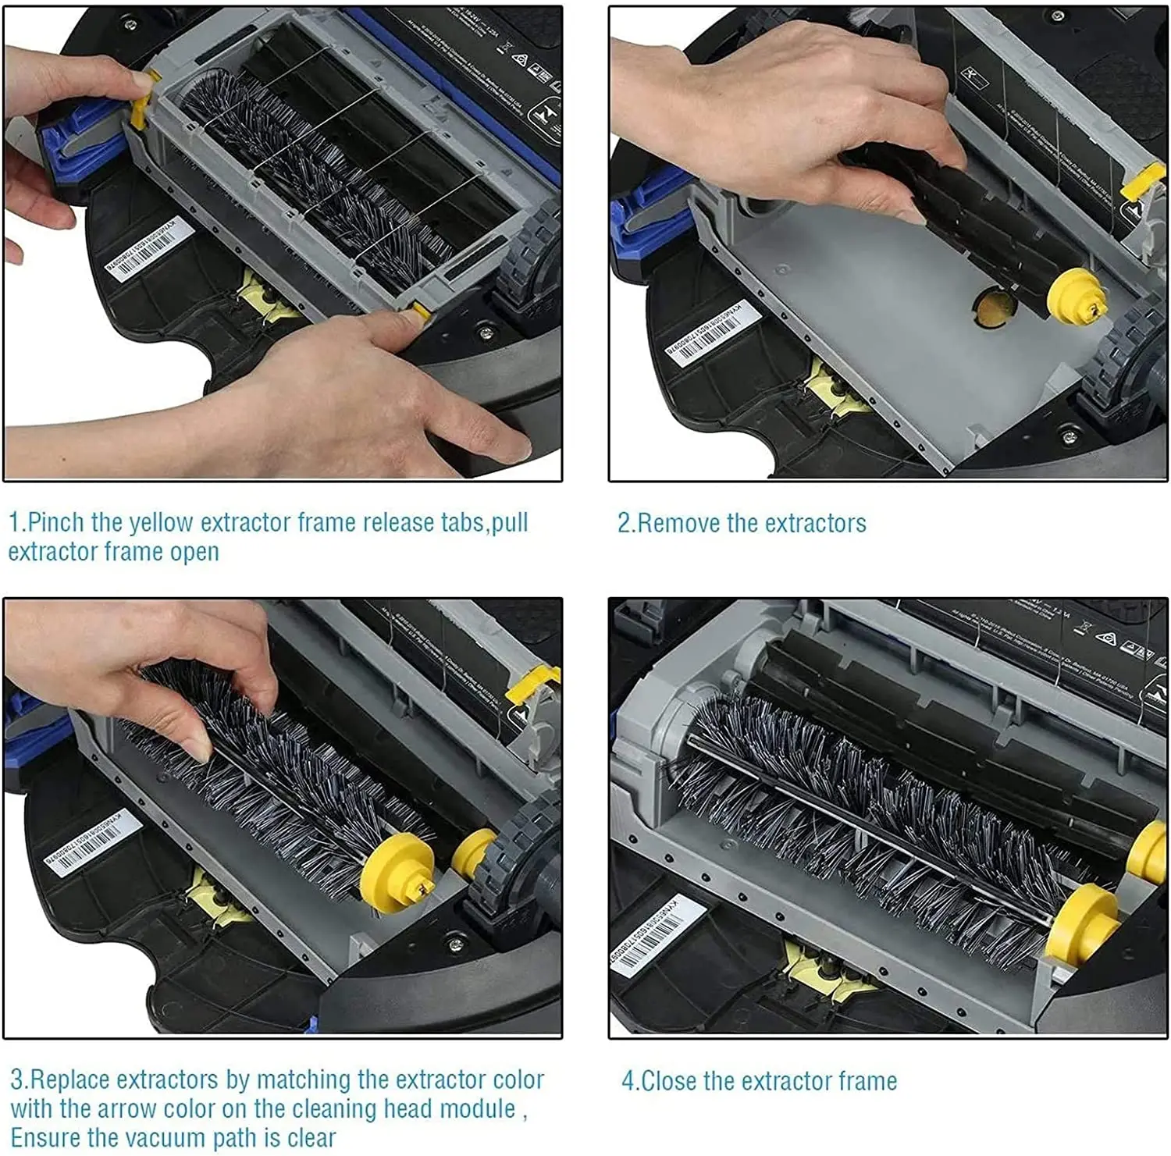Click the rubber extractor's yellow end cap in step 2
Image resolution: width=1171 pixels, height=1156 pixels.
(1075, 296)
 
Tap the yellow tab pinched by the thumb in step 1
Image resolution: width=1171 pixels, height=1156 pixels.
(141, 101)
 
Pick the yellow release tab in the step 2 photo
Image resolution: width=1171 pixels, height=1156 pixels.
(1141, 183)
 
